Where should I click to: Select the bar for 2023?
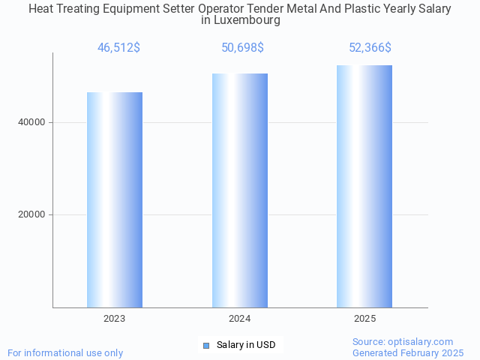tap(115, 199)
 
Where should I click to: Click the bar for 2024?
tap(240, 190)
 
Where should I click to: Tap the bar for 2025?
tap(364, 186)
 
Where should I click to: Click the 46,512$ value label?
tap(118, 48)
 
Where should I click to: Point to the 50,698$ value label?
tap(242, 48)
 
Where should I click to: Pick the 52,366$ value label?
tap(370, 48)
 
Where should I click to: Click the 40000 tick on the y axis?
tap(32, 122)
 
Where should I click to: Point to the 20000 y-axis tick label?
tap(32, 214)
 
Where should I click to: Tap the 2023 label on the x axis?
tap(115, 319)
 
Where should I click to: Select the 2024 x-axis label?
tap(240, 319)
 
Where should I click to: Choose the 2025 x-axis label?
tap(364, 319)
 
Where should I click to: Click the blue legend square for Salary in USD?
tap(206, 345)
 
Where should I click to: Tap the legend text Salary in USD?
tap(246, 345)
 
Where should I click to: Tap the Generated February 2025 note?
tap(408, 352)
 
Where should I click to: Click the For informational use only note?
tap(65, 352)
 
